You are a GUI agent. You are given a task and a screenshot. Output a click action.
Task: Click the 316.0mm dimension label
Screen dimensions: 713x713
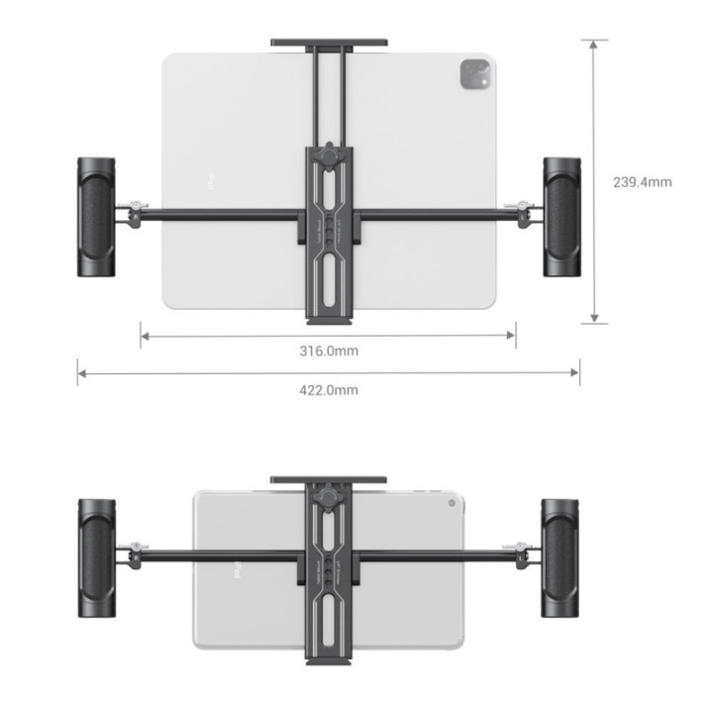(x=329, y=352)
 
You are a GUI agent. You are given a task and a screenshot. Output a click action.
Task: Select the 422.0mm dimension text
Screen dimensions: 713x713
(x=329, y=389)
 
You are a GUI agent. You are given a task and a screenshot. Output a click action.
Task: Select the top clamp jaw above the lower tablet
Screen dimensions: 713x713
(x=328, y=480)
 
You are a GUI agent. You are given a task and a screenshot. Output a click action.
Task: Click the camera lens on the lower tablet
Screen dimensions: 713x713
(x=453, y=504)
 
